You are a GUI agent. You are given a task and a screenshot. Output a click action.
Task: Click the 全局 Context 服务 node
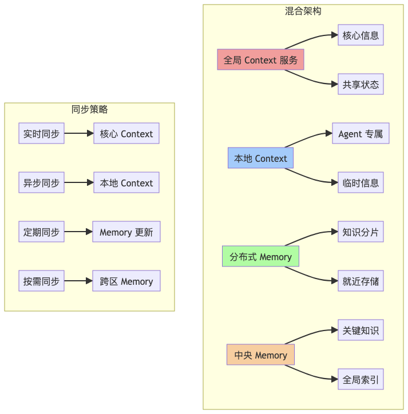[260, 60]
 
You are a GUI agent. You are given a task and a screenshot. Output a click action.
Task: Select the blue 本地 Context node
[260, 158]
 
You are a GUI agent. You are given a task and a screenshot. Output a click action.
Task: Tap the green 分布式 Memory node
[260, 257]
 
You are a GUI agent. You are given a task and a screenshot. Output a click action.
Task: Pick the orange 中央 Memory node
[260, 355]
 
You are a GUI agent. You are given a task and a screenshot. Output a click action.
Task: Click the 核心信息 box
[361, 35]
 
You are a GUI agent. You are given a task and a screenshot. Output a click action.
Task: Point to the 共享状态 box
[361, 85]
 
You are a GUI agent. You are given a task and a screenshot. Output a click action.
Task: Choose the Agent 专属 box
[361, 134]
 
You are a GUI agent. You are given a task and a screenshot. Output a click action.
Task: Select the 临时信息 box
[361, 183]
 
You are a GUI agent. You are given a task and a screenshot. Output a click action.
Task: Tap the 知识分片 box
[361, 232]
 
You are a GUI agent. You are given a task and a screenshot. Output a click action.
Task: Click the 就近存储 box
[361, 281]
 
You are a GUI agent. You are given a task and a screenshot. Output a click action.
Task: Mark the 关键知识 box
[361, 331]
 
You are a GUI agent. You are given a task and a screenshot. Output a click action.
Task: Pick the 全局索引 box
[361, 380]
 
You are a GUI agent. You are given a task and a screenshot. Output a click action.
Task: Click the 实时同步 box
[41, 134]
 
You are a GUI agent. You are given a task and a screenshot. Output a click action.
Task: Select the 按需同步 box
[41, 281]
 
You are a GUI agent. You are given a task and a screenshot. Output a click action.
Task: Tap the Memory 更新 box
[126, 232]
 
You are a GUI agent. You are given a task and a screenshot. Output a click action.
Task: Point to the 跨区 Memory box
[126, 281]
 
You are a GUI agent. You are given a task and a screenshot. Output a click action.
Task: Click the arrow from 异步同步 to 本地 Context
[78, 183]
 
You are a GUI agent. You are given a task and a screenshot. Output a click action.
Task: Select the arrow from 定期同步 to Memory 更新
[78, 232]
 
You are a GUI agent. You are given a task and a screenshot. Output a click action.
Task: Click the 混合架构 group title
[303, 11]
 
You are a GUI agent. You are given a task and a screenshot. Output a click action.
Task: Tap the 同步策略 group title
[89, 109]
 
